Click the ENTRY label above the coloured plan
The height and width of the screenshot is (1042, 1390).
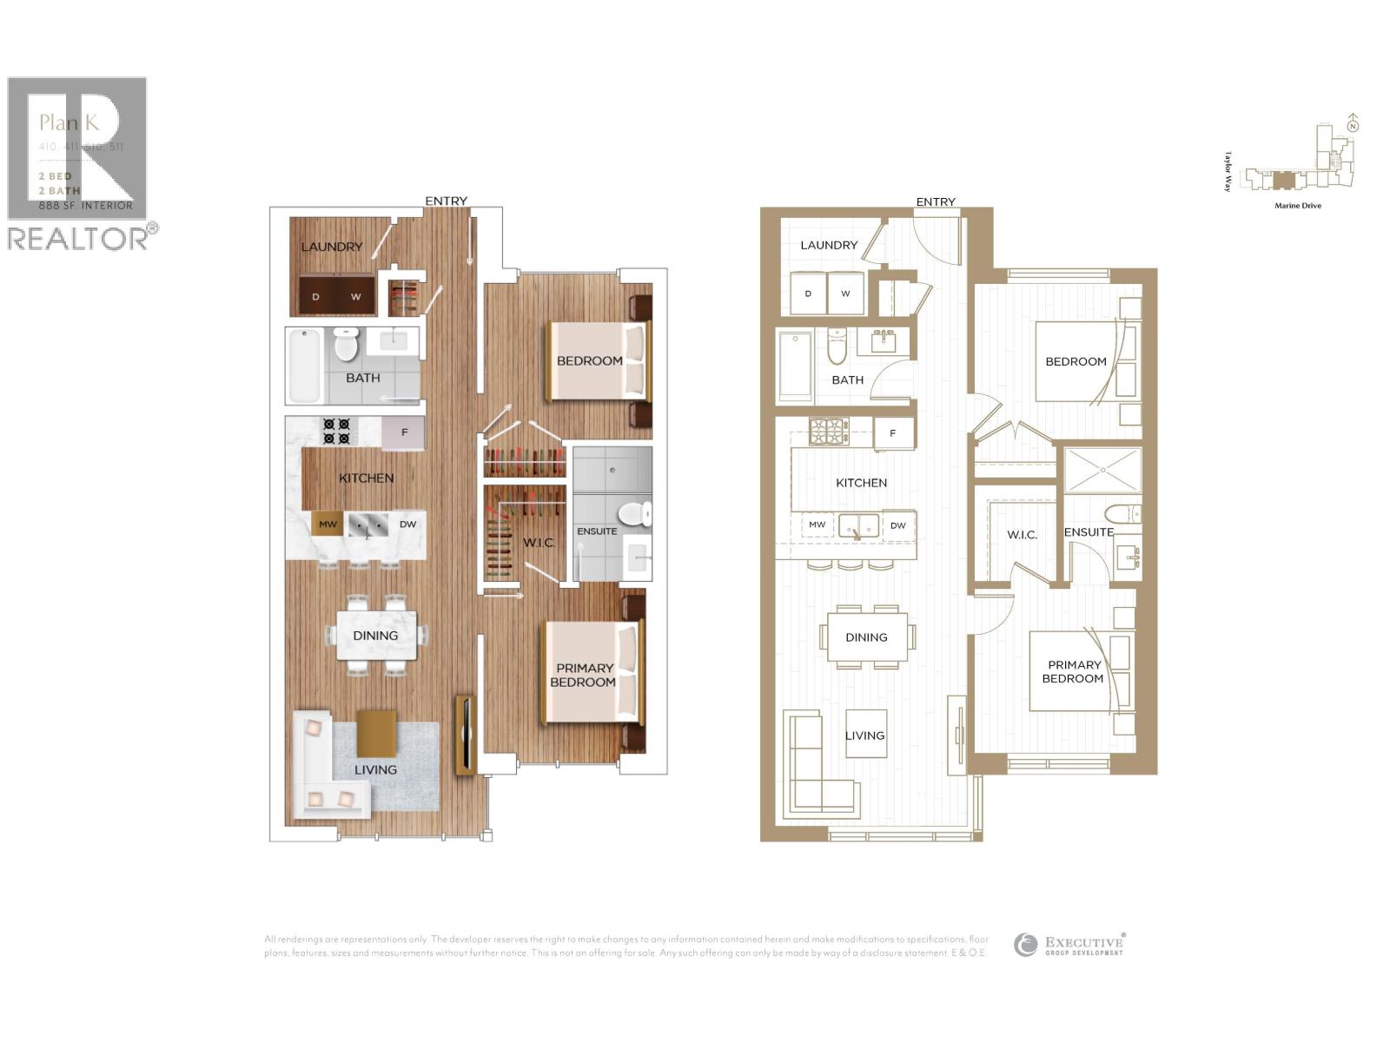446,201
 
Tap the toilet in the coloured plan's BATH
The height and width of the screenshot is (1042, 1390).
346,344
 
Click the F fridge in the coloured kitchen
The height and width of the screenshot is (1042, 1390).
404,432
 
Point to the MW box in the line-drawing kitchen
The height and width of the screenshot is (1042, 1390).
817,524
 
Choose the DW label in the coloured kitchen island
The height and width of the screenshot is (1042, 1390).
407,524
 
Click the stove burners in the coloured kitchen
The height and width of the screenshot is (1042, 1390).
336,432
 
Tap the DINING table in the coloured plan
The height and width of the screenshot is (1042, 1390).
375,636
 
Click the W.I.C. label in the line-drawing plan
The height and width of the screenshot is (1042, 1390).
1022,535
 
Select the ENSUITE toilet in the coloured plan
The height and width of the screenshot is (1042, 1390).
639,513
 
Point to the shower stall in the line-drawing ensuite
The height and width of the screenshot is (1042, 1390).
1102,470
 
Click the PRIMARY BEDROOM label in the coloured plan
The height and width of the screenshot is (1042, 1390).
584,675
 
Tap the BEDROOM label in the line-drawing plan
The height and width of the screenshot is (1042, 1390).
1076,361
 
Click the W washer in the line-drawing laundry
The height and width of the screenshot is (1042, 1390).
845,293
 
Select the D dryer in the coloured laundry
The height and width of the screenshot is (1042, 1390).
316,296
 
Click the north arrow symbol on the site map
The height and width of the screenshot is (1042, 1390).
1353,124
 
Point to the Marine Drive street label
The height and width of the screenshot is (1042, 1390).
1298,206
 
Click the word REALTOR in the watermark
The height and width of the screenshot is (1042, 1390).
78,239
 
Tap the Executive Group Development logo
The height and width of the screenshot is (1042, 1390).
1069,945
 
